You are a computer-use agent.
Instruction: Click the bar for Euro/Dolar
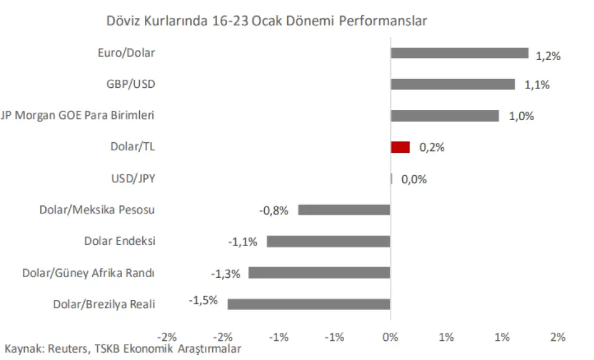459,53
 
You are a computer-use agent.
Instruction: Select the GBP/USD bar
452,84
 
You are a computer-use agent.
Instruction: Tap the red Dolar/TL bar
400,147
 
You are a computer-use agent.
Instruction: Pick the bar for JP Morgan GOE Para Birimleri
444,116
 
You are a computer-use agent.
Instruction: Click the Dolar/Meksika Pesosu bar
344,210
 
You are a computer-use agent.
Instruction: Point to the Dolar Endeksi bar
329,241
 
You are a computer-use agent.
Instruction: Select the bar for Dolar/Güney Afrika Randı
319,273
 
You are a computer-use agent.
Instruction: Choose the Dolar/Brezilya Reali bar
309,304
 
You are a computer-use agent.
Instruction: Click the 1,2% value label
548,56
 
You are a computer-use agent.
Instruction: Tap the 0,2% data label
432,148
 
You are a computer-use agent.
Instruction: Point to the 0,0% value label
414,179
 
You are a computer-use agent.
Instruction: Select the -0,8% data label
273,210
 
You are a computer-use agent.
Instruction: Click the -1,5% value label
203,301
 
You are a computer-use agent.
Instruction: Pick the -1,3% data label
225,273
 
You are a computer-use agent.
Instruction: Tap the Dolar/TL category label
132,147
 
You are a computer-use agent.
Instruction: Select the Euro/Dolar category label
126,53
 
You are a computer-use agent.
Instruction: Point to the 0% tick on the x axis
390,337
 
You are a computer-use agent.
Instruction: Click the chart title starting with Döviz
267,20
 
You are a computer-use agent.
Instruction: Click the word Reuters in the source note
68,349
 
